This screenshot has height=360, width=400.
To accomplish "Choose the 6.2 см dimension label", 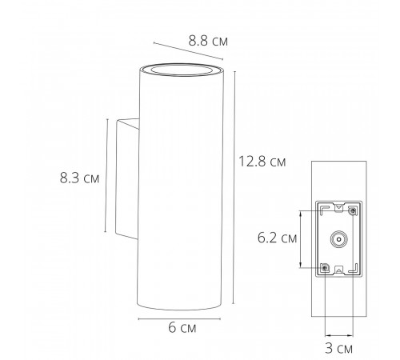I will click(277, 238).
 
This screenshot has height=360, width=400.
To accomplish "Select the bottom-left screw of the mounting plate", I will click(325, 267).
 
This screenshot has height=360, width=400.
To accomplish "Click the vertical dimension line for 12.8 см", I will click(234, 188).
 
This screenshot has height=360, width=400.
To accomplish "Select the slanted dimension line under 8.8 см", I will click(186, 50).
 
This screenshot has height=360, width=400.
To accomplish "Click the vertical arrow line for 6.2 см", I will click(300, 238).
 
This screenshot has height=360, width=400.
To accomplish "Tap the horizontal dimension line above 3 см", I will click(339, 334).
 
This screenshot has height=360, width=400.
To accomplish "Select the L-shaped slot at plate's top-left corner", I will click(323, 209).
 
